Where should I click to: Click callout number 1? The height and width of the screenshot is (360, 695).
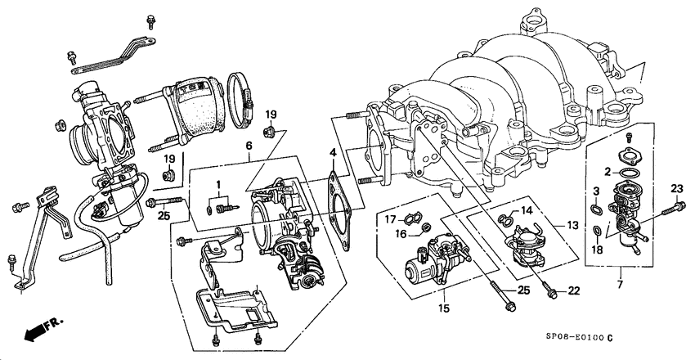click(x=218, y=184)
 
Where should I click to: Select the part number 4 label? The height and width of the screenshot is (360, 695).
click(x=333, y=153)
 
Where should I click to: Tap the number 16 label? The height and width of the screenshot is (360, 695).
click(x=400, y=233)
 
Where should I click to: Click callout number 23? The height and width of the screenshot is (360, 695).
click(x=676, y=190)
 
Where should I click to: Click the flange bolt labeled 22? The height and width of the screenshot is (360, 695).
click(x=550, y=286)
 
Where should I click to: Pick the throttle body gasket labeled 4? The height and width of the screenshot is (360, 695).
click(x=337, y=196)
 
